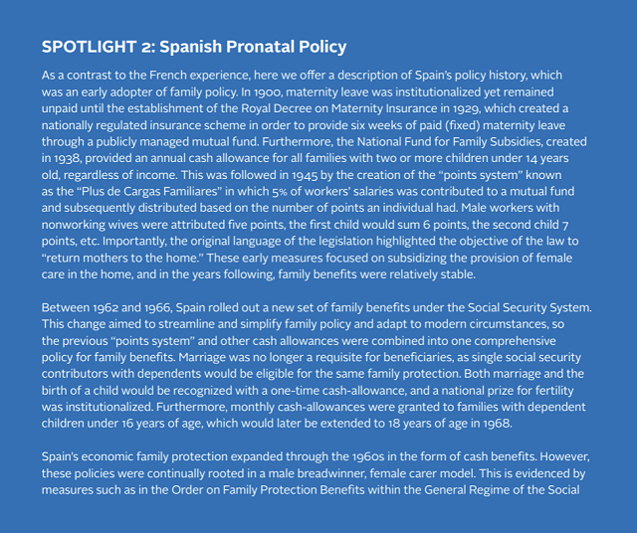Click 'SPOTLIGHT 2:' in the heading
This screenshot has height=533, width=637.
(98, 47)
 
